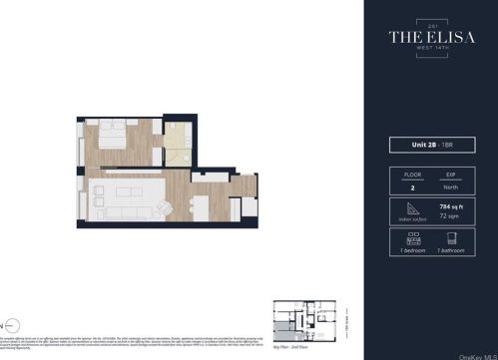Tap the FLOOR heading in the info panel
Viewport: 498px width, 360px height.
[x=412, y=173]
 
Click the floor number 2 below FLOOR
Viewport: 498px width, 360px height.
[x=412, y=186]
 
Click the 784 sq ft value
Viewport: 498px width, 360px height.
[x=452, y=204]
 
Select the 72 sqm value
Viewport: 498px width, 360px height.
[x=450, y=214]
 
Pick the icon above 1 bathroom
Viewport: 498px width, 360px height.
[x=449, y=238]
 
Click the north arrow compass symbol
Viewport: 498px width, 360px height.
[x=8, y=324]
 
